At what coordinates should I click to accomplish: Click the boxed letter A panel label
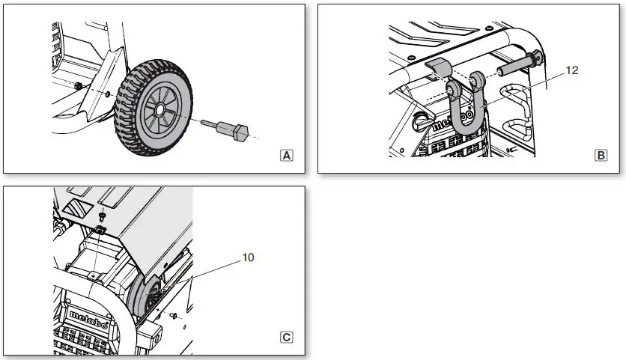[x=286, y=156]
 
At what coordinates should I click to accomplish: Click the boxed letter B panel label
[x=601, y=156]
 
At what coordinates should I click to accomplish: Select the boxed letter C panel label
[x=286, y=337]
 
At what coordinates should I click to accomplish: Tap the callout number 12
[x=573, y=70]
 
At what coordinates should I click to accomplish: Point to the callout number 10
[x=248, y=257]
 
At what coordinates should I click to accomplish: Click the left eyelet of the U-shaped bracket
[x=452, y=88]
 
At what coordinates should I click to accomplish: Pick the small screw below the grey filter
[x=174, y=317]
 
